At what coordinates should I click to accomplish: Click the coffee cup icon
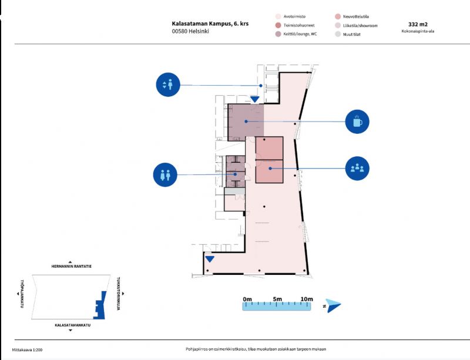point(357,122)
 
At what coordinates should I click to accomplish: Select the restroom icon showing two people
point(165,174)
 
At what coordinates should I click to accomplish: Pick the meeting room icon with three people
point(357,169)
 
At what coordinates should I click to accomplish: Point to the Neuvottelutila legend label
point(368,17)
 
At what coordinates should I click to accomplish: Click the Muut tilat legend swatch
point(337,35)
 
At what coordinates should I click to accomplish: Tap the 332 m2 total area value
point(418,25)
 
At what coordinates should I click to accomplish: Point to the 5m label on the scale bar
point(277,300)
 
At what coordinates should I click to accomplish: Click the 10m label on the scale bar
point(306,300)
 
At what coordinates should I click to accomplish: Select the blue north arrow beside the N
point(334,305)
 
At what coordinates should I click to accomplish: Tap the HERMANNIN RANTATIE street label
point(71,266)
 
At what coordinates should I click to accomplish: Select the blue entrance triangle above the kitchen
point(254,100)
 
